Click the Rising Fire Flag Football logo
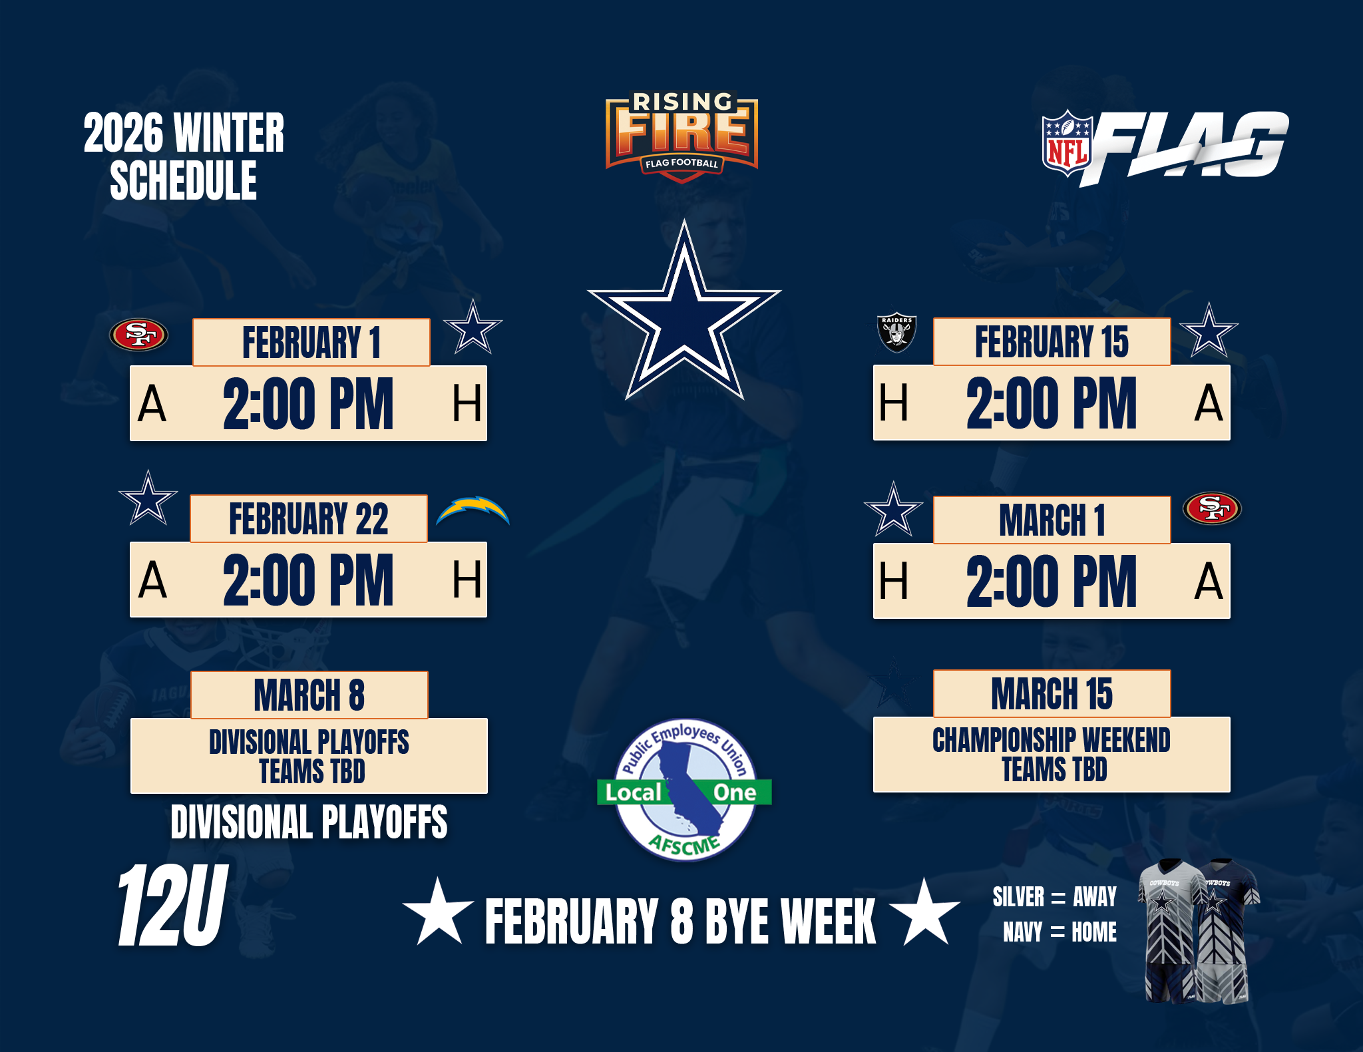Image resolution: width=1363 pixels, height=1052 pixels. point(681,137)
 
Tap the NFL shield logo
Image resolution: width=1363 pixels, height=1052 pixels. point(1067,143)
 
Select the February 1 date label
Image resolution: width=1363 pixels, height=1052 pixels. point(311,342)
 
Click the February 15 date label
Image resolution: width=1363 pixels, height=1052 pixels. point(1052,341)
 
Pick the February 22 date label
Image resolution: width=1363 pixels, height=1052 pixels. point(309,518)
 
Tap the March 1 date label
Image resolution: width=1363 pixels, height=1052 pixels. point(1052,520)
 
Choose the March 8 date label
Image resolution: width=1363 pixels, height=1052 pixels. point(309,695)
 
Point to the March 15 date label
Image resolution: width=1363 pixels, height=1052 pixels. point(1052,693)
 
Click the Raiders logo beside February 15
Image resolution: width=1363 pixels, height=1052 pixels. point(896,331)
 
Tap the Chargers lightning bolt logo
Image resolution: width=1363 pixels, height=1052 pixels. point(473,510)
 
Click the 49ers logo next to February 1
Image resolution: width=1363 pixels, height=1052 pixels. point(138,334)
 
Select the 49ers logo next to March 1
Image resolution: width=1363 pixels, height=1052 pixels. point(1212,508)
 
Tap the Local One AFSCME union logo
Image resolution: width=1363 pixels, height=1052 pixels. point(684,790)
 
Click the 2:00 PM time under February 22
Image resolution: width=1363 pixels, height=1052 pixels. point(308,580)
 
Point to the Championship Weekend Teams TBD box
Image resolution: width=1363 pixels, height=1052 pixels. point(1052,755)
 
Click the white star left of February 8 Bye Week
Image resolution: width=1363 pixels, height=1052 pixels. point(438,912)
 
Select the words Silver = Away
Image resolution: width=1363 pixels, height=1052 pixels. point(1054,897)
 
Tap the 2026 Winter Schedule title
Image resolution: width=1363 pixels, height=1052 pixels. point(184,156)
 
